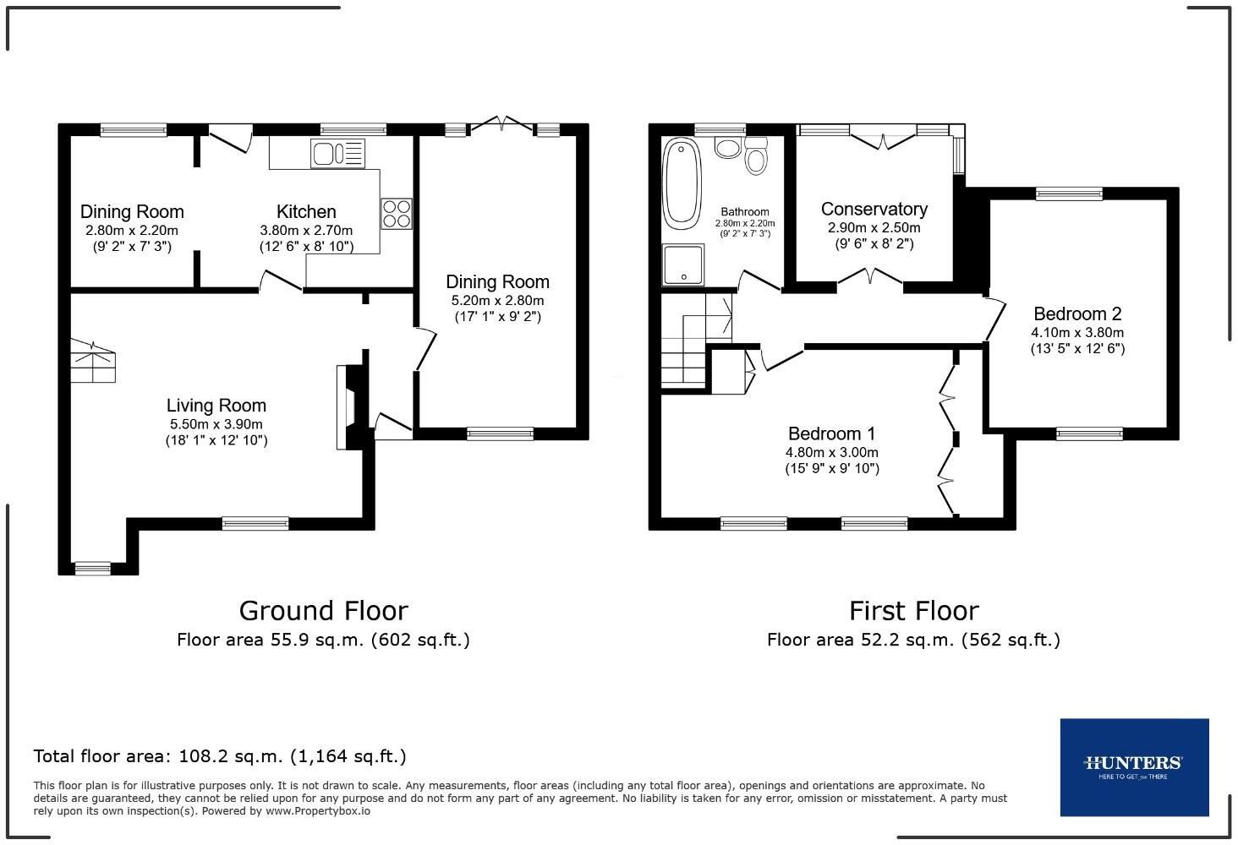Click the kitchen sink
click(337, 153)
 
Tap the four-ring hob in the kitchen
click(397, 214)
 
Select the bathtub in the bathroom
click(682, 184)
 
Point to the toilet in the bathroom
click(756, 156)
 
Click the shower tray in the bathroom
click(683, 264)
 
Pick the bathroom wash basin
click(727, 148)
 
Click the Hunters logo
click(1134, 767)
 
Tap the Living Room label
click(216, 406)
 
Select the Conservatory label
click(874, 209)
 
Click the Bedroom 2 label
click(1077, 313)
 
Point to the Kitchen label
click(306, 211)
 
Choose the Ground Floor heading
click(323, 611)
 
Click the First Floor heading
click(913, 611)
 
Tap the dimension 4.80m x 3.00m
click(832, 452)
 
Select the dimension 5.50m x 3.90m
click(216, 424)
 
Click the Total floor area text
click(219, 755)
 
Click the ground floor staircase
click(93, 361)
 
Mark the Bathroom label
click(744, 211)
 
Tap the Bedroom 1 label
click(831, 433)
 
